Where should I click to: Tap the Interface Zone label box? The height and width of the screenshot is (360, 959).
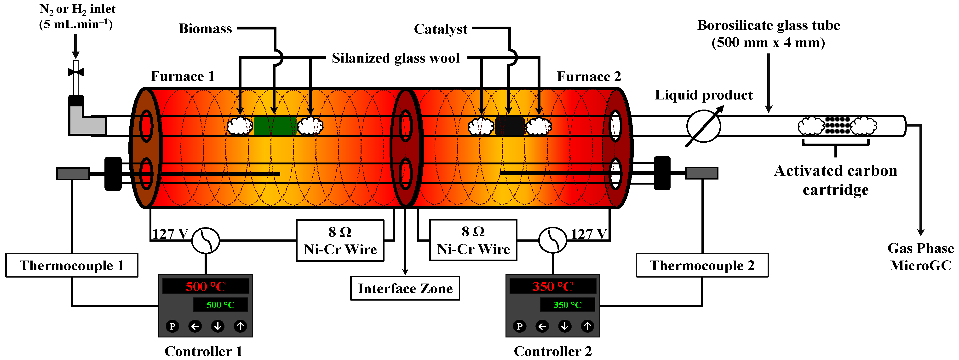pos(405,288)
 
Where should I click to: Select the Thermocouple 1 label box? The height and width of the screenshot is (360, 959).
pos(71,265)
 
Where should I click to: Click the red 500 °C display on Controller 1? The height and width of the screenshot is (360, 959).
pos(206,286)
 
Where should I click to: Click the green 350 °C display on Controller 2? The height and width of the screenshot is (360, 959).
pos(567,305)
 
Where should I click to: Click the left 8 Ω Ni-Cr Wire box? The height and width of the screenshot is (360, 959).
pos(340,240)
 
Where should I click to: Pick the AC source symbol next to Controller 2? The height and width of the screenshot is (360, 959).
pos(552,240)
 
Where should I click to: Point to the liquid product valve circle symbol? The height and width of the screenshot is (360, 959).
pos(703,126)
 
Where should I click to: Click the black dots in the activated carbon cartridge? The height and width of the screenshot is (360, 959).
pos(837,125)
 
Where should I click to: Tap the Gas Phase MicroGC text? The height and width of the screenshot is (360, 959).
pos(920,256)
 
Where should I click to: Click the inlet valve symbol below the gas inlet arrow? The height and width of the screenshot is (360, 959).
pos(75,72)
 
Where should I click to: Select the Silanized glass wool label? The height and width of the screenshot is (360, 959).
pos(395,58)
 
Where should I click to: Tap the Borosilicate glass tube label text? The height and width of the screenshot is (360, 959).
pos(768,34)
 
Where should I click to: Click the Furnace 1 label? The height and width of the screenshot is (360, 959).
pos(182,76)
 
